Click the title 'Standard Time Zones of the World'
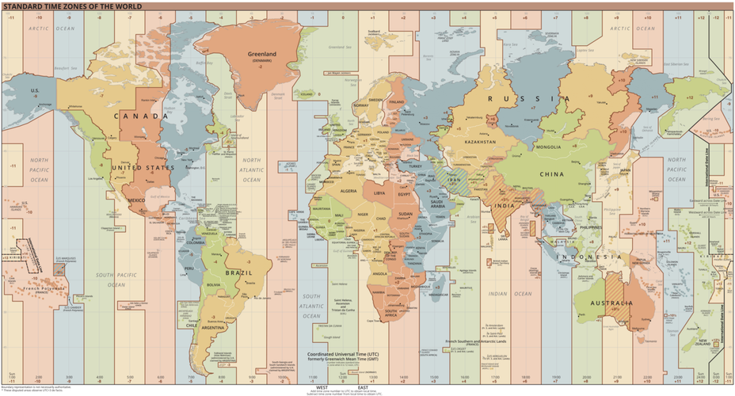72,6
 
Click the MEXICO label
135,200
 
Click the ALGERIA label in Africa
350,191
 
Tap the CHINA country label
551,173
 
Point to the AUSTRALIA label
610,303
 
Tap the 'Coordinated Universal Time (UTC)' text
346,354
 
